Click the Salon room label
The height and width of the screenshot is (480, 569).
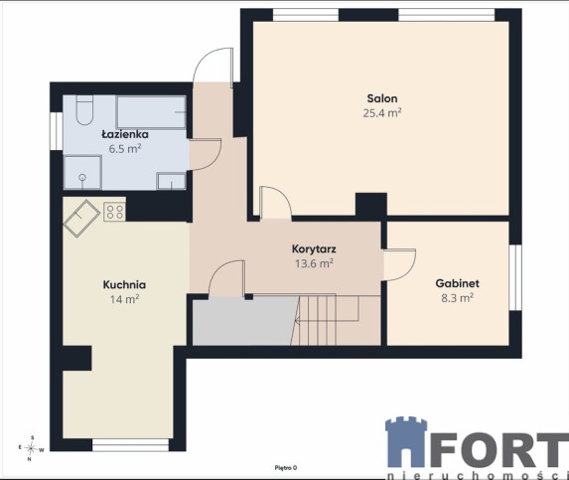point(382,98)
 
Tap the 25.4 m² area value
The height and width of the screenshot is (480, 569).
point(382,113)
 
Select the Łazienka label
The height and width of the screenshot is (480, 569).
point(125,134)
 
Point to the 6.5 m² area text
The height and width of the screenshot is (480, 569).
point(125,149)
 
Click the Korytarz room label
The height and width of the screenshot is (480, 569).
point(314,249)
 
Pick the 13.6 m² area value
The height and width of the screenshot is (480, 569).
point(314,263)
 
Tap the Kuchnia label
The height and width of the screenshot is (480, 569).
point(124,284)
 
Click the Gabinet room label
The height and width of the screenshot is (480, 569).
point(457,283)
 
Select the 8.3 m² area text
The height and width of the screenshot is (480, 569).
point(457,298)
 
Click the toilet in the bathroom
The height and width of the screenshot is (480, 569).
point(84,110)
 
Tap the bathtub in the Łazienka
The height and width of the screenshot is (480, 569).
point(151,112)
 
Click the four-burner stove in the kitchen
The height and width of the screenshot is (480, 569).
point(114,212)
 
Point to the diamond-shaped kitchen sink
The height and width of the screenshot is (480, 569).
point(81,219)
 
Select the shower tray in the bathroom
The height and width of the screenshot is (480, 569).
point(82,172)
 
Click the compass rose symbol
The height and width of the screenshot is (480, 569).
point(31,449)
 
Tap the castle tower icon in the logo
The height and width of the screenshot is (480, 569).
point(406,442)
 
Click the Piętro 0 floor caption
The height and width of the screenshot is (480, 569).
point(286,468)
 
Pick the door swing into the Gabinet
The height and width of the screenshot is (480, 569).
point(399,264)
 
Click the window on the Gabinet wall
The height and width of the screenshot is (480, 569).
point(515,277)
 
